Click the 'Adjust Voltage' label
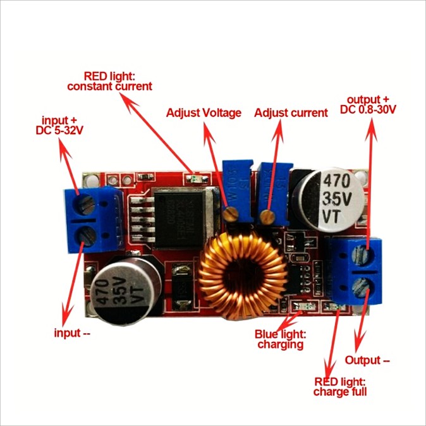tap(204, 113)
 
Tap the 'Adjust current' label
tap(291, 113)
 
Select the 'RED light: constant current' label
tap(109, 81)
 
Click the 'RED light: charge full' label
tap(340, 387)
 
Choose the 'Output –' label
tap(367, 360)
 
